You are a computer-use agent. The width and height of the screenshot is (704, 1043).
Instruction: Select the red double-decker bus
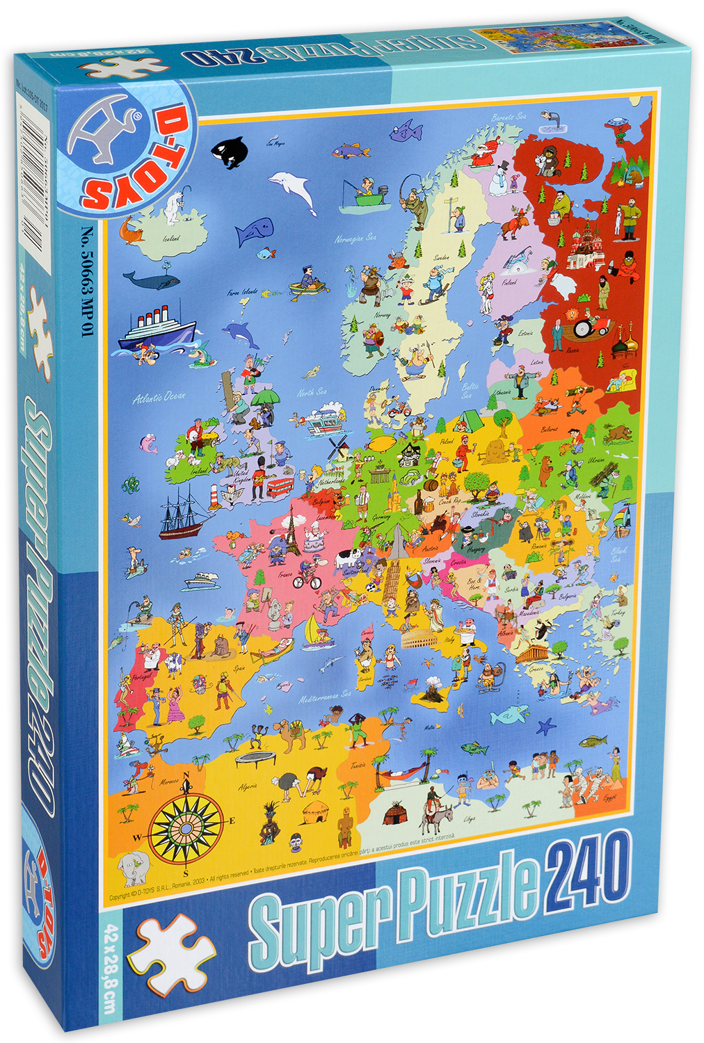tap(280, 485)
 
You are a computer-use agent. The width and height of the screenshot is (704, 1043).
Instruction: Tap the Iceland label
tap(171, 238)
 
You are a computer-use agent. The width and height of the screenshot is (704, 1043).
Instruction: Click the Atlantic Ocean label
tap(159, 396)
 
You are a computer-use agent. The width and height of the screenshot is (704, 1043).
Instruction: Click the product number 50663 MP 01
tap(87, 282)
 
